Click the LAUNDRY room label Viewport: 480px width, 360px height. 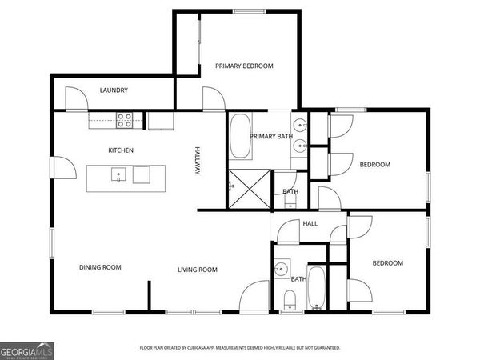pyautogui.click(x=114, y=90)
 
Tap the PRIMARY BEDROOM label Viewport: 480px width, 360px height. pyautogui.click(x=245, y=66)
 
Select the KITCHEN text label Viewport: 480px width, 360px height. pyautogui.click(x=121, y=150)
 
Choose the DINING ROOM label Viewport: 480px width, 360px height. pyautogui.click(x=100, y=267)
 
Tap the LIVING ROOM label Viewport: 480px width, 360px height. pyautogui.click(x=198, y=270)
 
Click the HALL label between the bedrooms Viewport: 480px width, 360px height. pyautogui.click(x=310, y=223)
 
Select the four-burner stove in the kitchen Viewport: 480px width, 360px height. pyautogui.click(x=125, y=120)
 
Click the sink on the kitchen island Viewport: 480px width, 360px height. pyautogui.click(x=118, y=175)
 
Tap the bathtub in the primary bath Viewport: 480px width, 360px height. pyautogui.click(x=239, y=138)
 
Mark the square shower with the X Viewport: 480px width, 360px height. pyautogui.click(x=249, y=188)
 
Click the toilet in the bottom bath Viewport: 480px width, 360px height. pyautogui.click(x=290, y=300)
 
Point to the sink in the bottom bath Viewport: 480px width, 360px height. pyautogui.click(x=281, y=269)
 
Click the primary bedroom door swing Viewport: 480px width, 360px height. pyautogui.click(x=213, y=99)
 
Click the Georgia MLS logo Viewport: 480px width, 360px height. pyautogui.click(x=26, y=350)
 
